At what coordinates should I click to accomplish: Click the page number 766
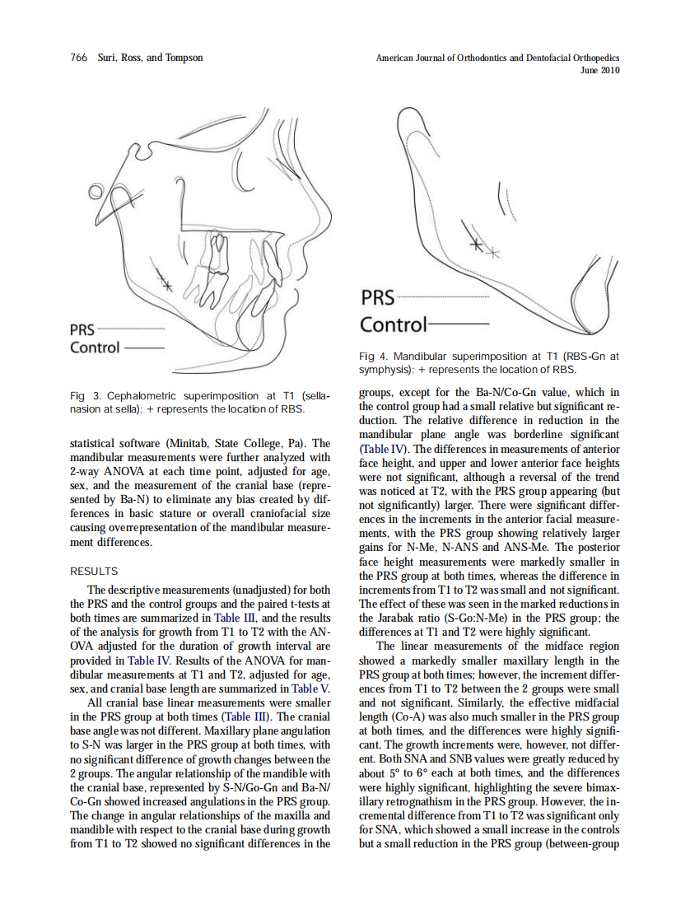point(79,58)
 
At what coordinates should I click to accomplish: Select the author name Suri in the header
point(108,58)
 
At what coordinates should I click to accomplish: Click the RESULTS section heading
point(94,571)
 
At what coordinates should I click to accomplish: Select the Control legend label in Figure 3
point(95,348)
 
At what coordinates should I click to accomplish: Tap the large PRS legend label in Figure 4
point(378,297)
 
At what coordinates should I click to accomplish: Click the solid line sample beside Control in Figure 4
point(459,325)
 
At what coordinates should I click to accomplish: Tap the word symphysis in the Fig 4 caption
point(385,370)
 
